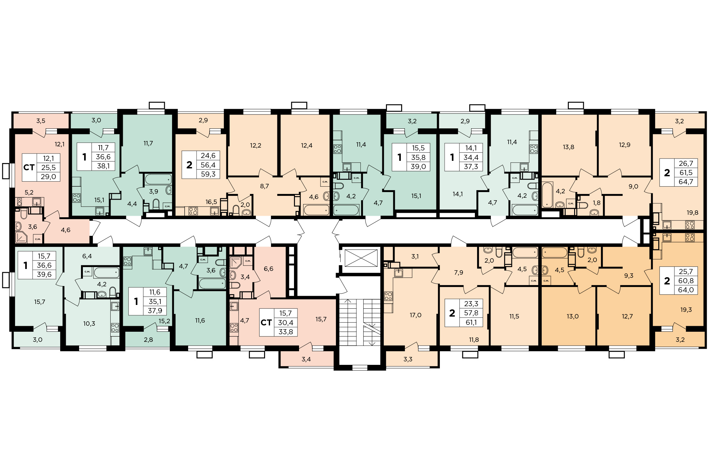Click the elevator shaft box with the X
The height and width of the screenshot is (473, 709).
point(361,258)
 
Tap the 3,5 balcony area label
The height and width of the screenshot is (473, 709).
point(41,121)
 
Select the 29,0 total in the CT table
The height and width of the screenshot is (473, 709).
point(48,177)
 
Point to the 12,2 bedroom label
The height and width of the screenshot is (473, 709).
point(256,145)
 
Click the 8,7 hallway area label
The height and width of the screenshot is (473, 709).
point(264,186)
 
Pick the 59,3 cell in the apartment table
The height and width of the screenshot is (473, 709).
point(208,174)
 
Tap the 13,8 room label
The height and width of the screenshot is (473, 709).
point(568,147)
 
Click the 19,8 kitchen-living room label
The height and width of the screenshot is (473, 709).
point(692,213)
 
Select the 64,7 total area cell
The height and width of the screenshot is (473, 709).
point(686,182)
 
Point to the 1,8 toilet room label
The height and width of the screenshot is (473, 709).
point(597,203)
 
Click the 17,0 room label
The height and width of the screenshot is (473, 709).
point(415,315)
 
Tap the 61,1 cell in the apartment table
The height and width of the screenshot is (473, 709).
point(471,322)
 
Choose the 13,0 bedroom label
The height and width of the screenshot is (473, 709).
point(573,316)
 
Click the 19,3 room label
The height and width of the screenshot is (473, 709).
point(686,310)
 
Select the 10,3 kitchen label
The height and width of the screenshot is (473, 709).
point(89,324)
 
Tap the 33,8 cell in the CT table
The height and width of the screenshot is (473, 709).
point(285,332)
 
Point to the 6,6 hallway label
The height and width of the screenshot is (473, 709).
point(268,269)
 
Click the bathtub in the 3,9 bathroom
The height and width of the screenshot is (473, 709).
point(158,179)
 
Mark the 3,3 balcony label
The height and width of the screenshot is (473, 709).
point(408,359)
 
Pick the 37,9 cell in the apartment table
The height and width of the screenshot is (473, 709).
point(155,311)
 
